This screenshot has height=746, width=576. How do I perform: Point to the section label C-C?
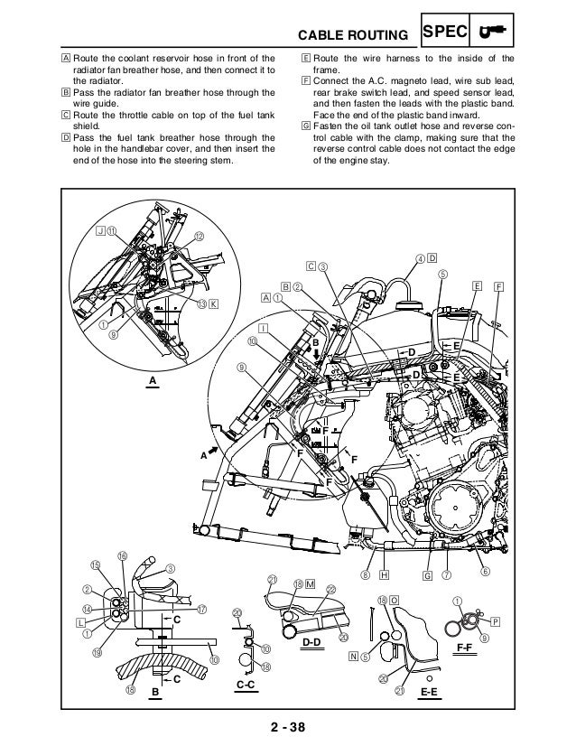pos(245,685)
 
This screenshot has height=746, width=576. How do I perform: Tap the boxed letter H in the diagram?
pos(386,573)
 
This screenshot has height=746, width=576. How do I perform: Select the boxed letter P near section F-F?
pos(495,622)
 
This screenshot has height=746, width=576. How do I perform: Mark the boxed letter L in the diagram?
pos(80,622)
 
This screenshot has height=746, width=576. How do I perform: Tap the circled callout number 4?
pos(420,258)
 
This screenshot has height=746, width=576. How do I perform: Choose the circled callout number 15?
pos(94,565)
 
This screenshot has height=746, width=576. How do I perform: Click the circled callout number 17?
pos(202,609)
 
